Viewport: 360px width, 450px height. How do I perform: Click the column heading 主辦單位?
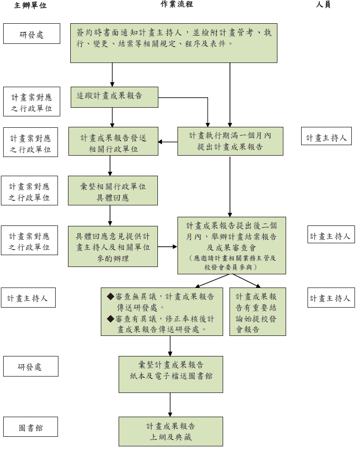30,5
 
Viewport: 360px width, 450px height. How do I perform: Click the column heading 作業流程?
177,4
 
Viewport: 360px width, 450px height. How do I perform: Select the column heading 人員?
323,5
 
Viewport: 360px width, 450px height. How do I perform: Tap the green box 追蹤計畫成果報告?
114,97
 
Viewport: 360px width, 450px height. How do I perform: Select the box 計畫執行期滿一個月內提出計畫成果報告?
230,141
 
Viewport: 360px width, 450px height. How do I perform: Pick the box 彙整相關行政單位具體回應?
113,190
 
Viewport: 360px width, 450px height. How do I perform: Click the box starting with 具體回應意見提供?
113,246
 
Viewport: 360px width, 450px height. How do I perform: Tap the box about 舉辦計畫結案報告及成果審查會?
231,245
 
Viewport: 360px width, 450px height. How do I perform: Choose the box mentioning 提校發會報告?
257,312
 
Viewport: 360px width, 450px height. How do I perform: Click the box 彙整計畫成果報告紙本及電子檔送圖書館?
171,374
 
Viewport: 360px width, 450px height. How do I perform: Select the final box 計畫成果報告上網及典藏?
171,431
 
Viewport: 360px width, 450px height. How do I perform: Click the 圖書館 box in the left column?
31,428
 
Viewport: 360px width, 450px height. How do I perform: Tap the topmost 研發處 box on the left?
31,34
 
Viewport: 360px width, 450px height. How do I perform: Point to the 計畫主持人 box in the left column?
28,298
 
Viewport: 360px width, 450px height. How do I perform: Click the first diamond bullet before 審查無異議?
110,296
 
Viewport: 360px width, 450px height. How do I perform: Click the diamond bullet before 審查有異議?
110,318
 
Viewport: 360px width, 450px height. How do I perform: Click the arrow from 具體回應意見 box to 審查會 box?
167,247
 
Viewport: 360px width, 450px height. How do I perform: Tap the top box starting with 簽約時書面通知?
173,43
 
